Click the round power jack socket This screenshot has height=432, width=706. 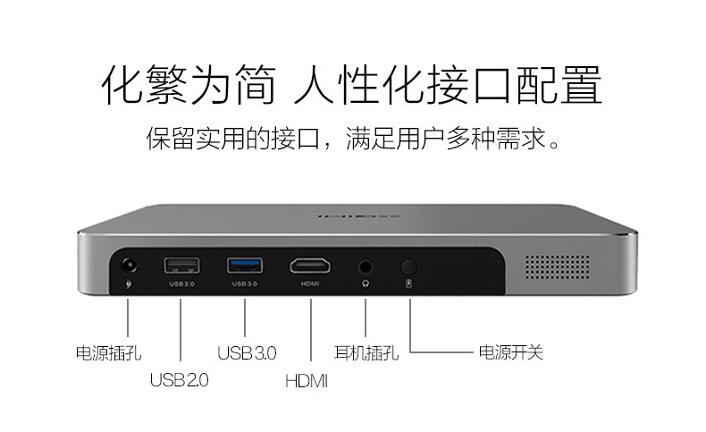(x=130, y=266)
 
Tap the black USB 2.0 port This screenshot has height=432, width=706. (x=181, y=266)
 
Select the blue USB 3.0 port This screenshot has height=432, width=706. (x=245, y=266)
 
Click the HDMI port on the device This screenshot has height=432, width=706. (x=310, y=266)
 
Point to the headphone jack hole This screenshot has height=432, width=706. (x=366, y=267)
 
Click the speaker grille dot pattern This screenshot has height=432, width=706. (x=558, y=267)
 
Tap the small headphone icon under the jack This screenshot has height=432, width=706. (x=366, y=284)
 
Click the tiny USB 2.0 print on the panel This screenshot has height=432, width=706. (x=181, y=284)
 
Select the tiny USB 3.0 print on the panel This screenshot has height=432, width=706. (x=245, y=284)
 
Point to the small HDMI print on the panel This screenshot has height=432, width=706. (x=310, y=284)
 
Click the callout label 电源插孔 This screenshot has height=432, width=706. (x=108, y=352)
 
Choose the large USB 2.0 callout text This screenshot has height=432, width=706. (x=180, y=380)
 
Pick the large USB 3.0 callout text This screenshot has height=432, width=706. (x=247, y=352)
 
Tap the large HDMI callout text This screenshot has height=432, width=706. (x=307, y=381)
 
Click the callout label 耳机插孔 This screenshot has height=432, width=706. (x=366, y=352)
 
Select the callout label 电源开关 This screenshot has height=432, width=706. (x=510, y=352)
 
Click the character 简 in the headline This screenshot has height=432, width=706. (x=255, y=85)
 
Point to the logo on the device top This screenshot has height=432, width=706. (x=359, y=216)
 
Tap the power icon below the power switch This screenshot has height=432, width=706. (x=408, y=284)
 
